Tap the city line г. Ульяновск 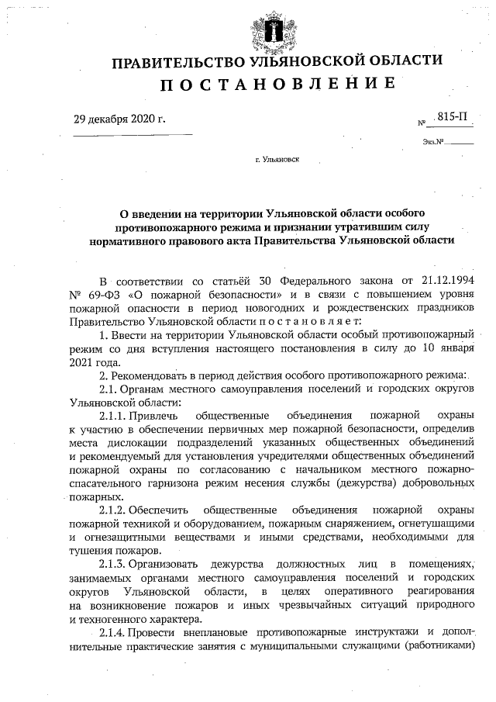[276, 161]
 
